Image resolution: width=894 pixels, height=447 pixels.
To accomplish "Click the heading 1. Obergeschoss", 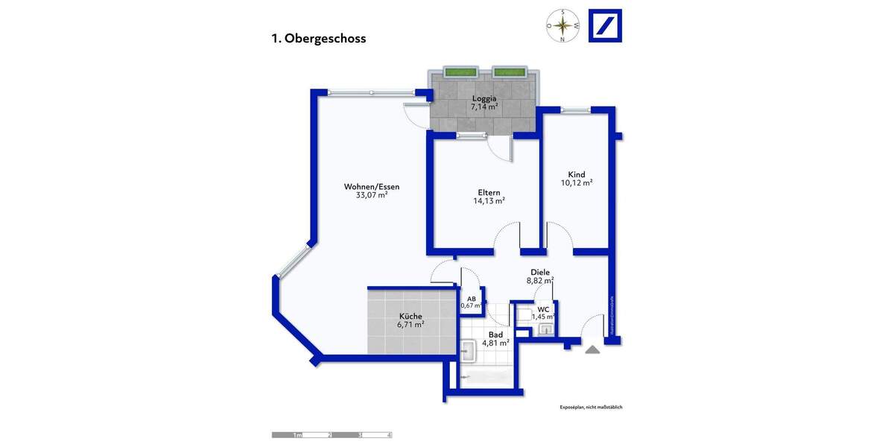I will (x=319, y=39).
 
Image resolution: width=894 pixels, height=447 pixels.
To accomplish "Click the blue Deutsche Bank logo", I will (x=605, y=25).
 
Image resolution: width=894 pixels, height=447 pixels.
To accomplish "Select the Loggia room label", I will (x=484, y=98).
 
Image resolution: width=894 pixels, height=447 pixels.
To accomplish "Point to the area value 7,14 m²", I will (x=484, y=107).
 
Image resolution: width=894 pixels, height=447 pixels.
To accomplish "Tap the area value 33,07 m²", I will (x=372, y=195).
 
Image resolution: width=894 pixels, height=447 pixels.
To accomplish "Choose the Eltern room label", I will (x=489, y=191).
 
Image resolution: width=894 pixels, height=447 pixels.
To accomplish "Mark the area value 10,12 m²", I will (x=577, y=183).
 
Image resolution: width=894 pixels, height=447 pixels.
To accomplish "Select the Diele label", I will (x=540, y=273).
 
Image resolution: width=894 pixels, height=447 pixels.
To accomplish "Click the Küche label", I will (x=410, y=316).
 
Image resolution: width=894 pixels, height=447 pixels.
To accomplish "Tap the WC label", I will (x=543, y=308).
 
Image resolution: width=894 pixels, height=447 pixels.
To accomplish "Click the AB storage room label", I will (x=471, y=297).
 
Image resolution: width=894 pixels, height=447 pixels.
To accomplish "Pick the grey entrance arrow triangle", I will (x=592, y=349).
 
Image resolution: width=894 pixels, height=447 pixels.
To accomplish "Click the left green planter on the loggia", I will (x=460, y=72).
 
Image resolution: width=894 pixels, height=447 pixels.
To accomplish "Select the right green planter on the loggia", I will (x=509, y=72).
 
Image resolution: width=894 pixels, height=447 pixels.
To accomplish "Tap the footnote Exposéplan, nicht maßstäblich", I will (x=591, y=408).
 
